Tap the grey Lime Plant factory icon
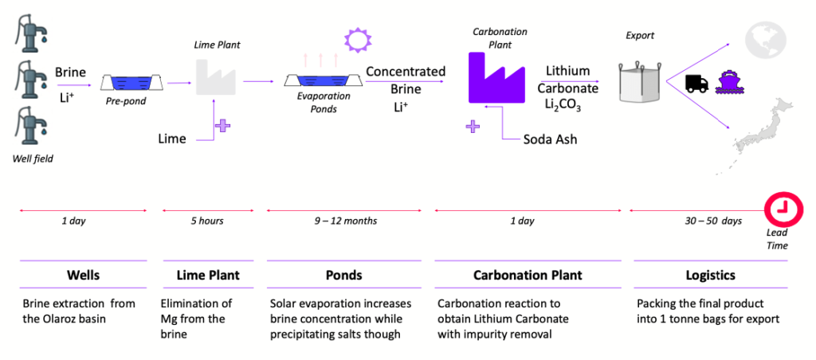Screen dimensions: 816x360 [x=213, y=76]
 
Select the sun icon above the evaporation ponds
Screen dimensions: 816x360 [x=358, y=40]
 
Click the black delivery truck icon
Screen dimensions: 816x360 [x=697, y=84]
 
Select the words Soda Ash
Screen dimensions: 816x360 [x=550, y=140]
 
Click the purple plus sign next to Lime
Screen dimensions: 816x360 [x=223, y=125]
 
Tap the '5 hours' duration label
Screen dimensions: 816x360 [x=207, y=221]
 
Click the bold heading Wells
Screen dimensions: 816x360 [x=83, y=275]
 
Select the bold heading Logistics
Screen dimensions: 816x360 [x=710, y=275]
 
